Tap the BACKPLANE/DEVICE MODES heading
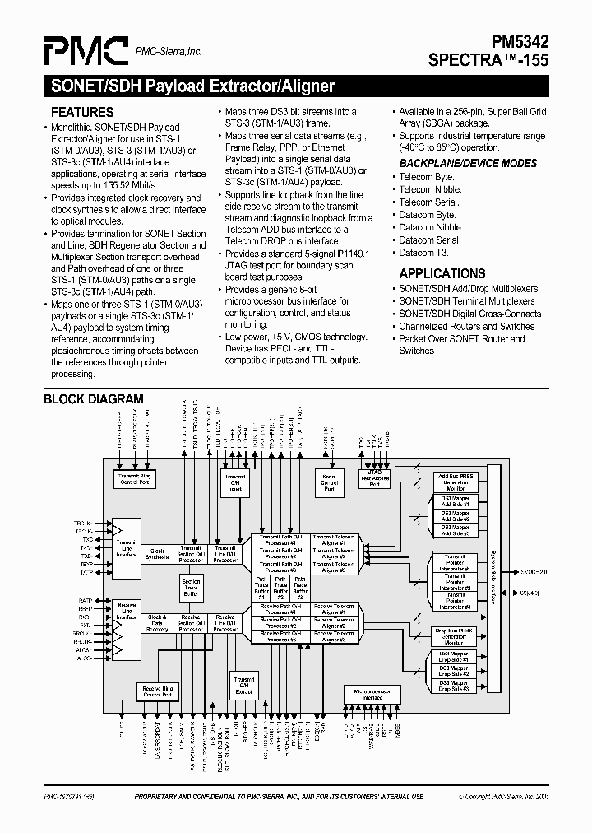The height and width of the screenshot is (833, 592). [x=468, y=163]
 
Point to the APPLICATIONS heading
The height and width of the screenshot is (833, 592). [x=442, y=273]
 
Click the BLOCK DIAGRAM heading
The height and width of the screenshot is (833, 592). [x=93, y=399]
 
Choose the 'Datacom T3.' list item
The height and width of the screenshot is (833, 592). [x=428, y=253]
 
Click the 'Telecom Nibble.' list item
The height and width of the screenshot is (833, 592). [x=431, y=189]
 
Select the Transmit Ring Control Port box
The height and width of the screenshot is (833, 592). [x=136, y=479]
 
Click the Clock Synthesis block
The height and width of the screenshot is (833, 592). [x=157, y=554]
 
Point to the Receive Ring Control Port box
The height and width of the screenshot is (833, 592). [x=157, y=691]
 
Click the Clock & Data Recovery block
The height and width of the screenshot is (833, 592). [x=157, y=623]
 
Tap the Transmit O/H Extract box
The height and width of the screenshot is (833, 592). [x=244, y=686]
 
